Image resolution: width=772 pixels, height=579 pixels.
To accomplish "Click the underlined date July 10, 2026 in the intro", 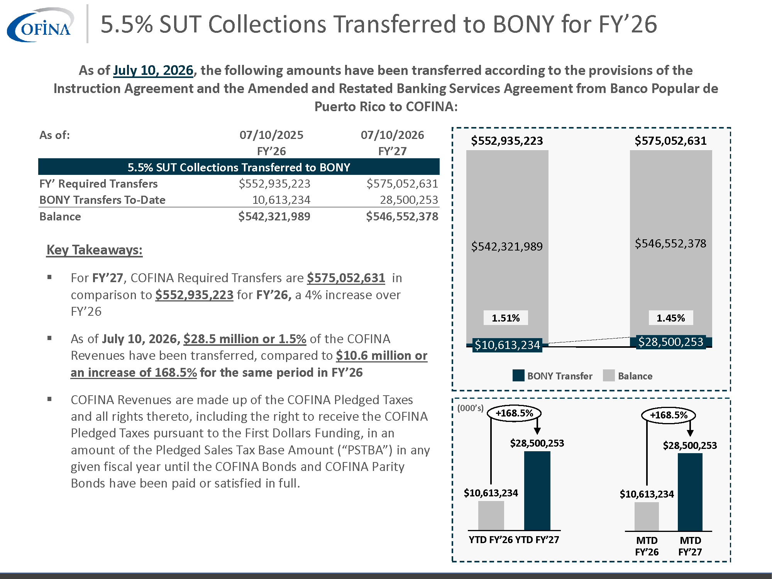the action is pyautogui.click(x=153, y=70).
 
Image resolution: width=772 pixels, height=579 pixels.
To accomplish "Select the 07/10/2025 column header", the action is pyautogui.click(x=271, y=135).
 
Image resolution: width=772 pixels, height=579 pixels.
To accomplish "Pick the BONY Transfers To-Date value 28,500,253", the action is pyautogui.click(x=409, y=200).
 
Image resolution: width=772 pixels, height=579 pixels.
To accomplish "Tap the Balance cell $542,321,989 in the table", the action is pyautogui.click(x=274, y=216).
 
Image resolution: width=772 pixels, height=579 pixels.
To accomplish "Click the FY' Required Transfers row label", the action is pyautogui.click(x=98, y=183).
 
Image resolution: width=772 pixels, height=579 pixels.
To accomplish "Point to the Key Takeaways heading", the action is pyautogui.click(x=95, y=250).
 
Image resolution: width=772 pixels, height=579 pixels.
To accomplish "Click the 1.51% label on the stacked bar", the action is pyautogui.click(x=506, y=318).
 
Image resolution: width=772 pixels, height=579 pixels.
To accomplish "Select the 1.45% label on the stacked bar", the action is pyautogui.click(x=671, y=318).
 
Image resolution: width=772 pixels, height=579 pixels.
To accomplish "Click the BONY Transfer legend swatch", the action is pyautogui.click(x=518, y=376).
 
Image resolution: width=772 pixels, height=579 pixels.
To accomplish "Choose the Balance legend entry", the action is pyautogui.click(x=628, y=376).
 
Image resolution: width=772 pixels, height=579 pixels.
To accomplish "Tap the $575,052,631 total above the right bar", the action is pyautogui.click(x=671, y=141).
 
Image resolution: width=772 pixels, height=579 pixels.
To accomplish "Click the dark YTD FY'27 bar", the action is pyautogui.click(x=537, y=491).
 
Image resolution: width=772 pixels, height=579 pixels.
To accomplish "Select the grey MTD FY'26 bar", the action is pyautogui.click(x=647, y=516).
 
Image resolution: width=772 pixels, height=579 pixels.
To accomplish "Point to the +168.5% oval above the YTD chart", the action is pyautogui.click(x=514, y=413).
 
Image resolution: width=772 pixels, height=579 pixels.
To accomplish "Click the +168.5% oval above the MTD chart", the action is pyautogui.click(x=669, y=415).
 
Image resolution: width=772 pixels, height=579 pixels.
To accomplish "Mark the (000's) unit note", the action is pyautogui.click(x=470, y=408).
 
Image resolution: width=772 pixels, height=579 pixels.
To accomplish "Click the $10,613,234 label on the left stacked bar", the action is pyautogui.click(x=507, y=345).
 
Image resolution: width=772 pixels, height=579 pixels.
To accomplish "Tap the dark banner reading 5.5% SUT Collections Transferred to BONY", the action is pyautogui.click(x=239, y=167).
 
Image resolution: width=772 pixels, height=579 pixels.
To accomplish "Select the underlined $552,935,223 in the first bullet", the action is pyautogui.click(x=194, y=295).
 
